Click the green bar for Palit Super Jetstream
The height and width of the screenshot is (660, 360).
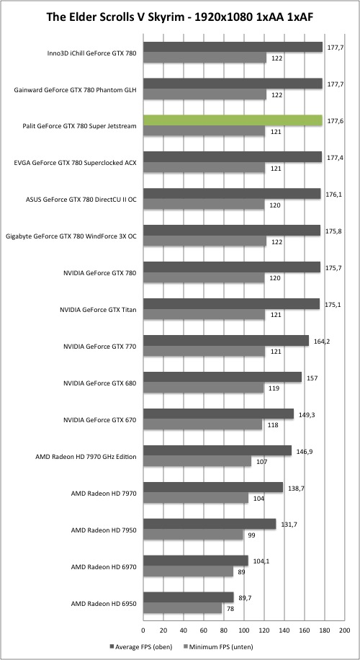click(x=233, y=120)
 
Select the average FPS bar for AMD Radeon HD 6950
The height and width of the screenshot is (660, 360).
click(x=189, y=597)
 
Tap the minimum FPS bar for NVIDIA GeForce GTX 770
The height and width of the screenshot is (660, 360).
click(x=204, y=352)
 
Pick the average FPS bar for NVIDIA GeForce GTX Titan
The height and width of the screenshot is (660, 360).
click(x=231, y=304)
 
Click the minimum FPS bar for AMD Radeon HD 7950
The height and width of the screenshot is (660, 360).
click(x=193, y=535)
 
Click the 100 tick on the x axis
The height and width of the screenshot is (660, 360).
click(x=244, y=630)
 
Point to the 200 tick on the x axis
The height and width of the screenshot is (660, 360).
click(x=344, y=630)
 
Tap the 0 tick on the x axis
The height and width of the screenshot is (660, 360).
click(x=143, y=630)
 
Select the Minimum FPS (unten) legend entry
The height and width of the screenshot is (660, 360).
click(x=218, y=646)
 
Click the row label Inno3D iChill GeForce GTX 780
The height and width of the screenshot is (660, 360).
click(x=92, y=53)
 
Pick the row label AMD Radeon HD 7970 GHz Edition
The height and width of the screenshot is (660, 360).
click(x=86, y=456)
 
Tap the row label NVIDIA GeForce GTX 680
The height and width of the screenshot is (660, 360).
click(x=99, y=383)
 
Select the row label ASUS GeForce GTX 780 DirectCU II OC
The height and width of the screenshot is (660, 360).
click(x=81, y=200)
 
